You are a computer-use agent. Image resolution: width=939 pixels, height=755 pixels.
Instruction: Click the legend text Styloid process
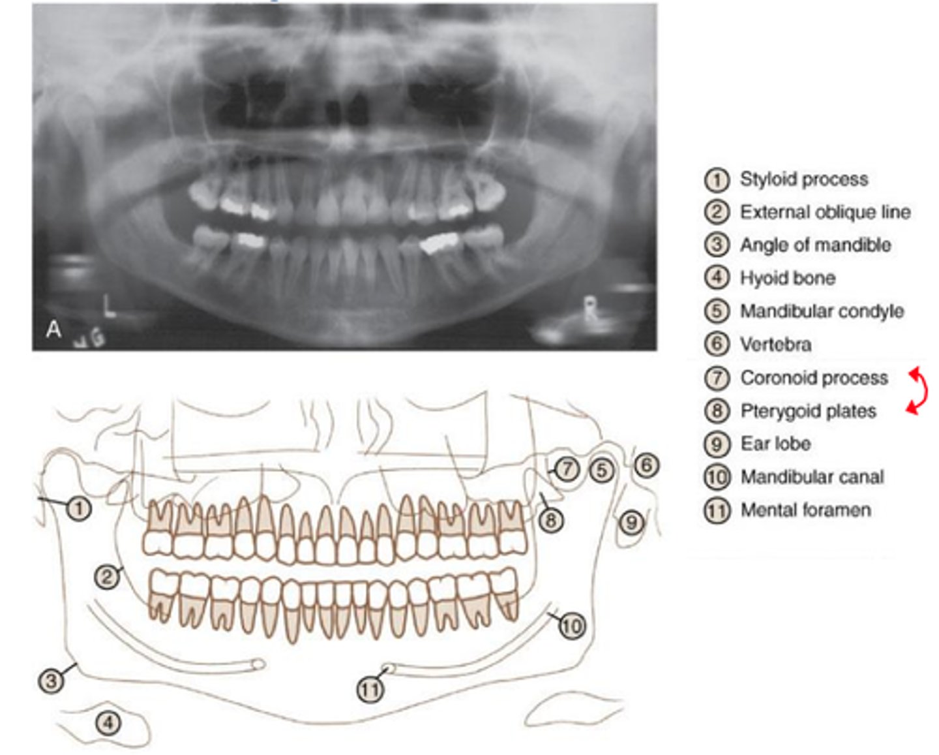pos(803,179)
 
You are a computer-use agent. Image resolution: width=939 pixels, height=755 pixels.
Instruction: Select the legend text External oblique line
pos(825,212)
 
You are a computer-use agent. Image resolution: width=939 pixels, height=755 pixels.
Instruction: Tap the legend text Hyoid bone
pos(787,278)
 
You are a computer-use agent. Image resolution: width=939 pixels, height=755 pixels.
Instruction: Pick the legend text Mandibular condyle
pos(822,311)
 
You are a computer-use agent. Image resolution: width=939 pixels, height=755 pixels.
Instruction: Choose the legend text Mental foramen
pos(805,510)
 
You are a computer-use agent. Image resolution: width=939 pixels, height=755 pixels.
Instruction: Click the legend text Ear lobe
pos(775,444)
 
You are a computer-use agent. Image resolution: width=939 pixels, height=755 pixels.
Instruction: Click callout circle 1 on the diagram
pos(79,508)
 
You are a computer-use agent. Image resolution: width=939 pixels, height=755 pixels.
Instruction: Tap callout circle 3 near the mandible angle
pos(51,681)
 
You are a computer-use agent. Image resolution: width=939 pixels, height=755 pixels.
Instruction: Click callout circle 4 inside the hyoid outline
pos(108,722)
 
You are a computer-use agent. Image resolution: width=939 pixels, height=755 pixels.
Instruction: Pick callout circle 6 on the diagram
pos(646,465)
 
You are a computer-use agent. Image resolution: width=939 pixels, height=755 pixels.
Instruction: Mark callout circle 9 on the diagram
pos(631,522)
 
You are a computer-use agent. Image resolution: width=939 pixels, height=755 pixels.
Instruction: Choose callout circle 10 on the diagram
pos(571,626)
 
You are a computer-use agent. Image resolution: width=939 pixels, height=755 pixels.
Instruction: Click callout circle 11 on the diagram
pos(370,690)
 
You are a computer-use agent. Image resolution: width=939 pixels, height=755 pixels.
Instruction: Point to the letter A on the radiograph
pos(53,330)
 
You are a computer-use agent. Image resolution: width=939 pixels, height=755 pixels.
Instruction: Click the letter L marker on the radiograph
pos(110,306)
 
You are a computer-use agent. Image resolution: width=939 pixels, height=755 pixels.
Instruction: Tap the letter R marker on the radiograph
pos(590,311)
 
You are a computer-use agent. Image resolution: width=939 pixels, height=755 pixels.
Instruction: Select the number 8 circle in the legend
pos(717,411)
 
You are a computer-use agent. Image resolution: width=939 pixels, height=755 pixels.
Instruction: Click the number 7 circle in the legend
pos(717,378)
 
